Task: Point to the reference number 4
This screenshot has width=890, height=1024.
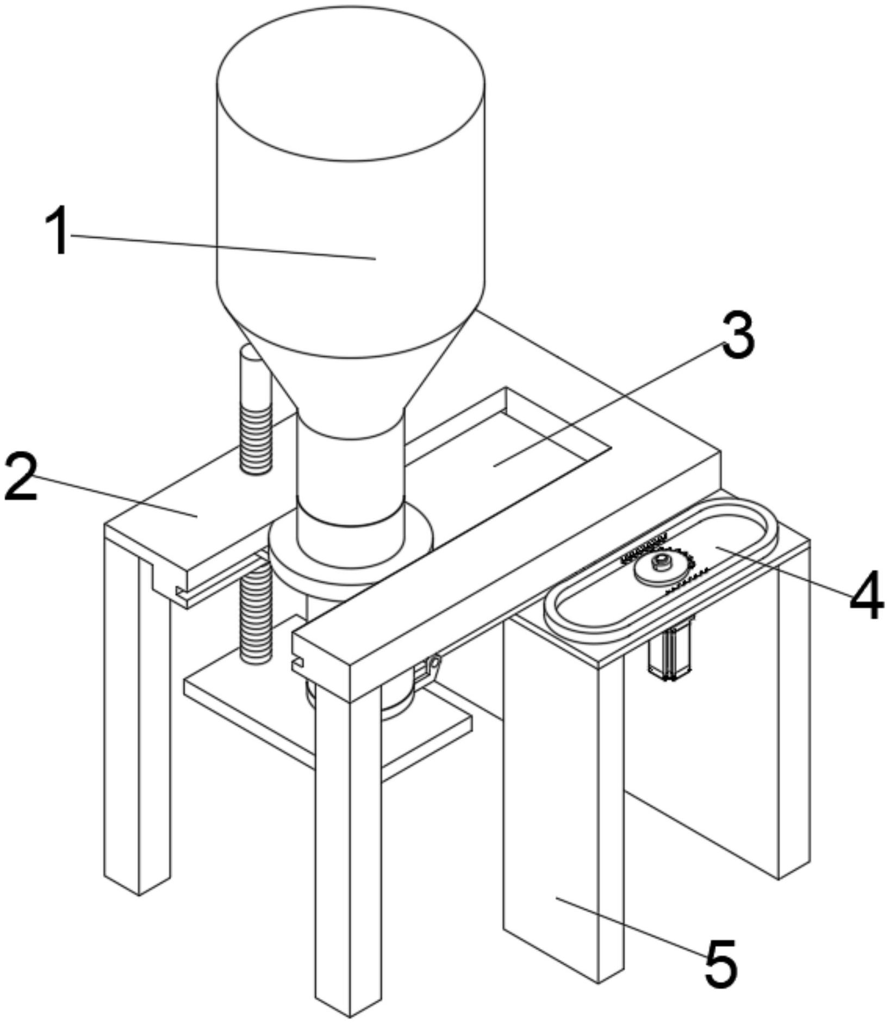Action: tap(867, 594)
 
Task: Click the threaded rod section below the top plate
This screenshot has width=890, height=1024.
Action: tap(256, 615)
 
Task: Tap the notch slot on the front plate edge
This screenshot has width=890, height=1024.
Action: tap(297, 664)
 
